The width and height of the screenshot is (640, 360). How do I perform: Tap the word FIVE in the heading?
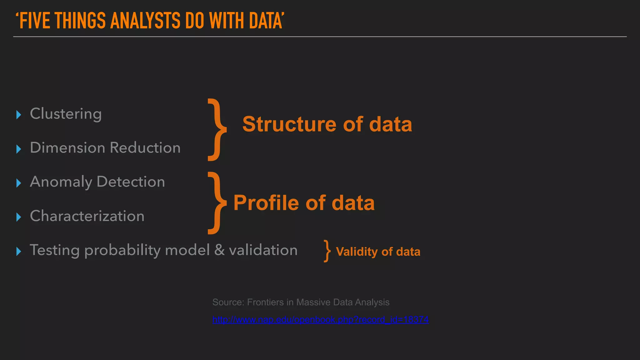pyautogui.click(x=34, y=21)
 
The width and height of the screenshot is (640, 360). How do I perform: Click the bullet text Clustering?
pyautogui.click(x=66, y=114)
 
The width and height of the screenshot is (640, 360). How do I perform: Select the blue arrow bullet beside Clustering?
pyautogui.click(x=19, y=115)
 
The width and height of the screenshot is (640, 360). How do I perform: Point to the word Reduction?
pyautogui.click(x=145, y=147)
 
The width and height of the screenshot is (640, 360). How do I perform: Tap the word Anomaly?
pyautogui.click(x=61, y=182)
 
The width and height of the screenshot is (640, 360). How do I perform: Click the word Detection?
pyautogui.click(x=131, y=182)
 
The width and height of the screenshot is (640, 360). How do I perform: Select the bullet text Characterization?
pyautogui.click(x=87, y=216)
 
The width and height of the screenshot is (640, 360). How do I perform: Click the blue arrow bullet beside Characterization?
pyautogui.click(x=19, y=217)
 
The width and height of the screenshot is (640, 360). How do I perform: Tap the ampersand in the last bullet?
pyautogui.click(x=219, y=250)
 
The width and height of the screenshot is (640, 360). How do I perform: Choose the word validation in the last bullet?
pyautogui.click(x=263, y=250)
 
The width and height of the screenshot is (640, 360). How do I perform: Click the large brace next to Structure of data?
pyautogui.click(x=217, y=129)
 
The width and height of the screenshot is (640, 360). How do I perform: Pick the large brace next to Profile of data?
pyautogui.click(x=217, y=203)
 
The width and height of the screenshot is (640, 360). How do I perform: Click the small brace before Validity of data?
pyautogui.click(x=327, y=251)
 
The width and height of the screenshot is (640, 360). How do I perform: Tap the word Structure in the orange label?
pyautogui.click(x=289, y=124)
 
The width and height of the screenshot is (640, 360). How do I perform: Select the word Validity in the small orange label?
pyautogui.click(x=357, y=252)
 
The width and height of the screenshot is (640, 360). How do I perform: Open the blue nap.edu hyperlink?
pyautogui.click(x=320, y=319)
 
